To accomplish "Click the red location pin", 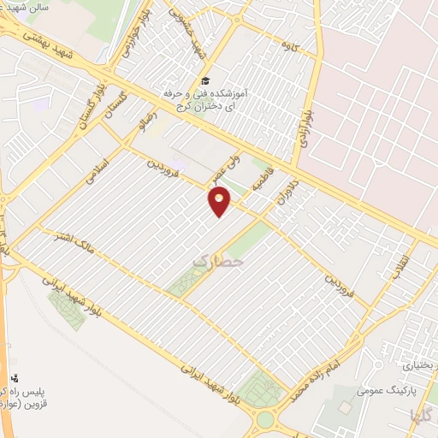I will [x=220, y=202].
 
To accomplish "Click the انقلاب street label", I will [x=399, y=264].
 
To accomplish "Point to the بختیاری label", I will [x=418, y=365].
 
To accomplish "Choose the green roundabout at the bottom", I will [x=266, y=419].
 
